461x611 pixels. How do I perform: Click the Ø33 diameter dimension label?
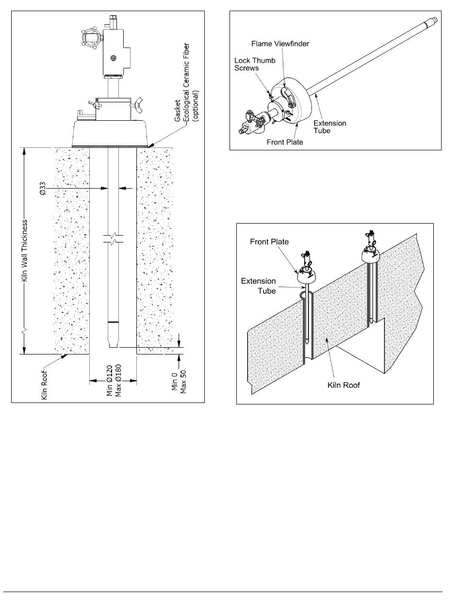pos(42,189)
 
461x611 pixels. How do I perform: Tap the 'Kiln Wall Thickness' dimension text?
pos(25,250)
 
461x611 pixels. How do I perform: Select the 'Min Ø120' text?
pos(110,380)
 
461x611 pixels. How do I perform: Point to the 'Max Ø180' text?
pos(118,380)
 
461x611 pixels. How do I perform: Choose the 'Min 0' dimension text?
pos(175,381)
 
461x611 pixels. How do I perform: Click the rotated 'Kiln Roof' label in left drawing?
pos(44,385)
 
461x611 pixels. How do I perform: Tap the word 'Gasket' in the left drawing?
pos(178,111)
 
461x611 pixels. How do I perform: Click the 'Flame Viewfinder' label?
pos(280,44)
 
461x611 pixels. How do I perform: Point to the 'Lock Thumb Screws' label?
pos(255,64)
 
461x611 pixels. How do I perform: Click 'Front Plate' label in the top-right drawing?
pos(285,142)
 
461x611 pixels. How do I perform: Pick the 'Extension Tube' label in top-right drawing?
pos(330,127)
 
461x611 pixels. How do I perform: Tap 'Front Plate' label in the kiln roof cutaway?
pos(269,241)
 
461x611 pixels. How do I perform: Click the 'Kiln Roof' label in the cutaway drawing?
pos(344,385)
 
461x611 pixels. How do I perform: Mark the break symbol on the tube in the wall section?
pos(113,239)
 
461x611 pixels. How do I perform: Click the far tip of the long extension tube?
pos(436,19)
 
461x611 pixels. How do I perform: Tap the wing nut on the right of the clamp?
pos(136,105)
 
